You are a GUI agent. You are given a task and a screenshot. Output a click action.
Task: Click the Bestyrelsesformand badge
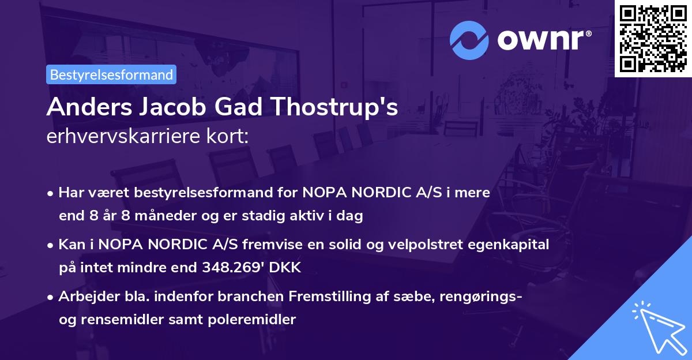coord(111,74)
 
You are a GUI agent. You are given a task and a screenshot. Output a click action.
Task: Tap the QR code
coord(653,38)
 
